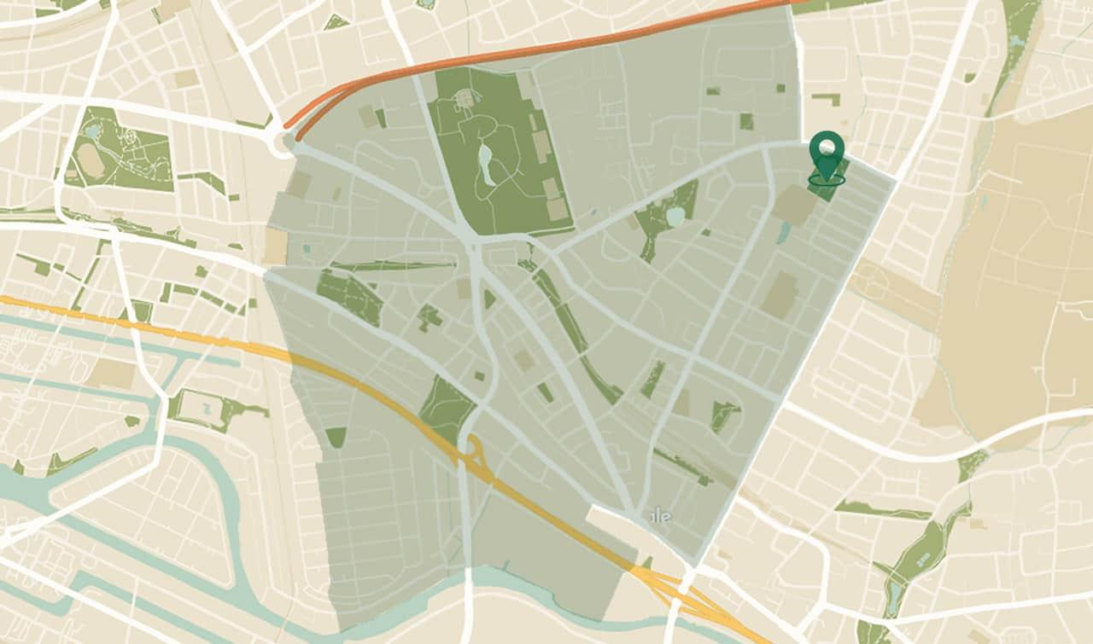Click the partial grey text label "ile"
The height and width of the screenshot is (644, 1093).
[660, 517]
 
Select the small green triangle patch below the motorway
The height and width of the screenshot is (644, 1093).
[336, 437]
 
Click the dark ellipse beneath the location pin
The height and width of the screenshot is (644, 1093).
[827, 179]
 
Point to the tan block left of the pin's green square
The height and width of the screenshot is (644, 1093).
[793, 206]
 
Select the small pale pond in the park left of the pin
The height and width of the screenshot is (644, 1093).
[675, 217]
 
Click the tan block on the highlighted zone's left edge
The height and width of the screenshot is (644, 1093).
[276, 246]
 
